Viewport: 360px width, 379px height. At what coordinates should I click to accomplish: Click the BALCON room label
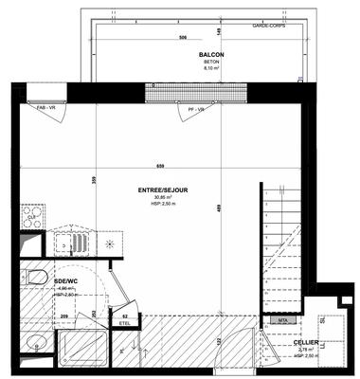coord(211,55)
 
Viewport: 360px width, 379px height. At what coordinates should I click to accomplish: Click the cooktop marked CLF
coord(31,218)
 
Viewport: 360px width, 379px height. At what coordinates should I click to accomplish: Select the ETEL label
coord(124,323)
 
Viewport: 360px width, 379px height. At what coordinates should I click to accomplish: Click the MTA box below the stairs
coord(281,321)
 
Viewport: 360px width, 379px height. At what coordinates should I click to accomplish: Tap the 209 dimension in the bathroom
coord(64,315)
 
